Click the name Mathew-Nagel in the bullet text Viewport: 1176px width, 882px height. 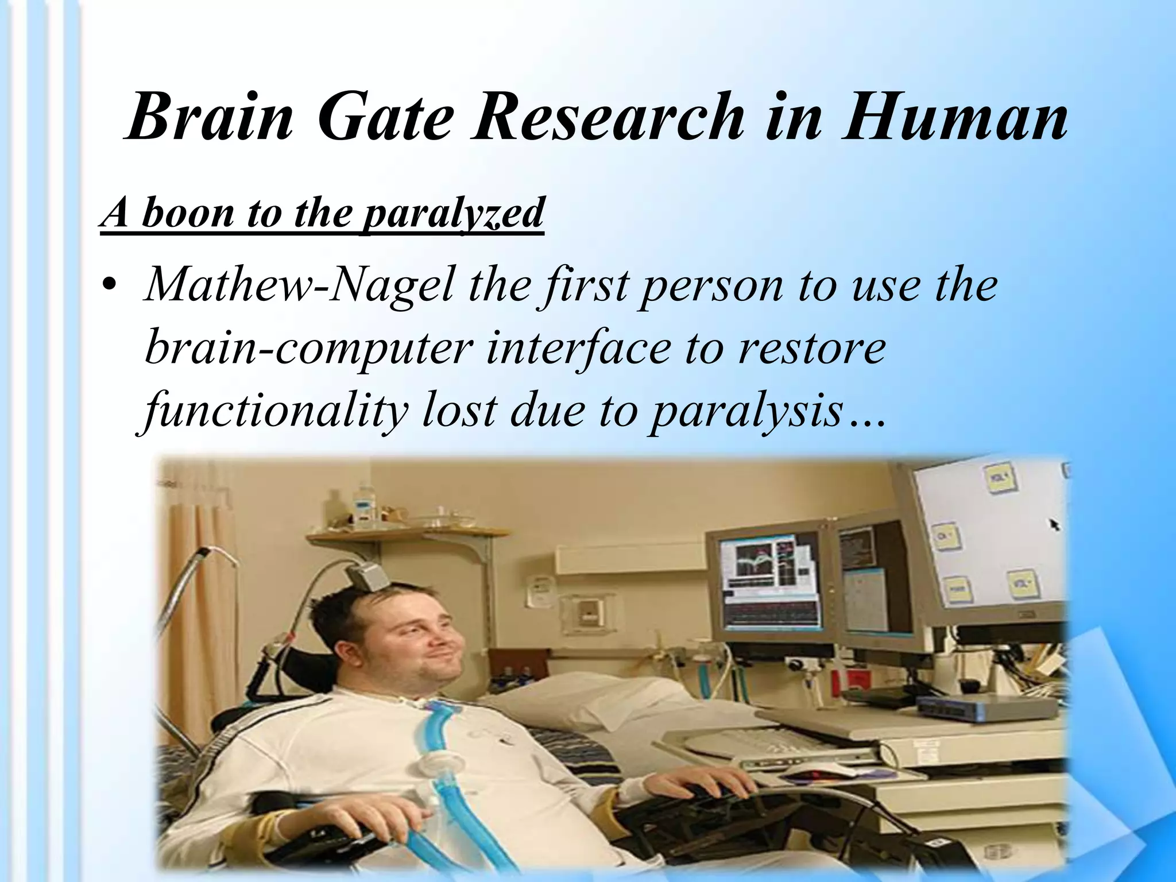[298, 286]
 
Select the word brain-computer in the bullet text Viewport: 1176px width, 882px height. [307, 349]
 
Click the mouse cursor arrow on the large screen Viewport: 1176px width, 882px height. [1054, 524]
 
